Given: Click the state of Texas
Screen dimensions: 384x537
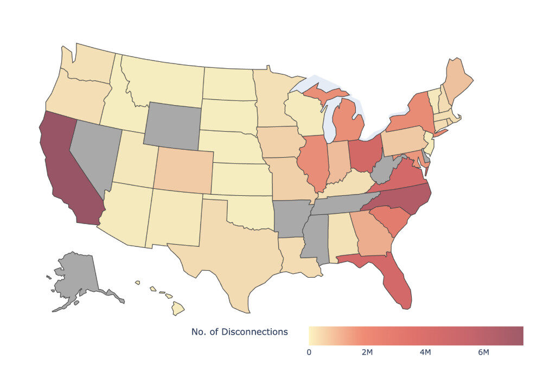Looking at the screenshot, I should click(x=239, y=260).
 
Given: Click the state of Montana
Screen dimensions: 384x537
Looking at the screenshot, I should click(x=163, y=81).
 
